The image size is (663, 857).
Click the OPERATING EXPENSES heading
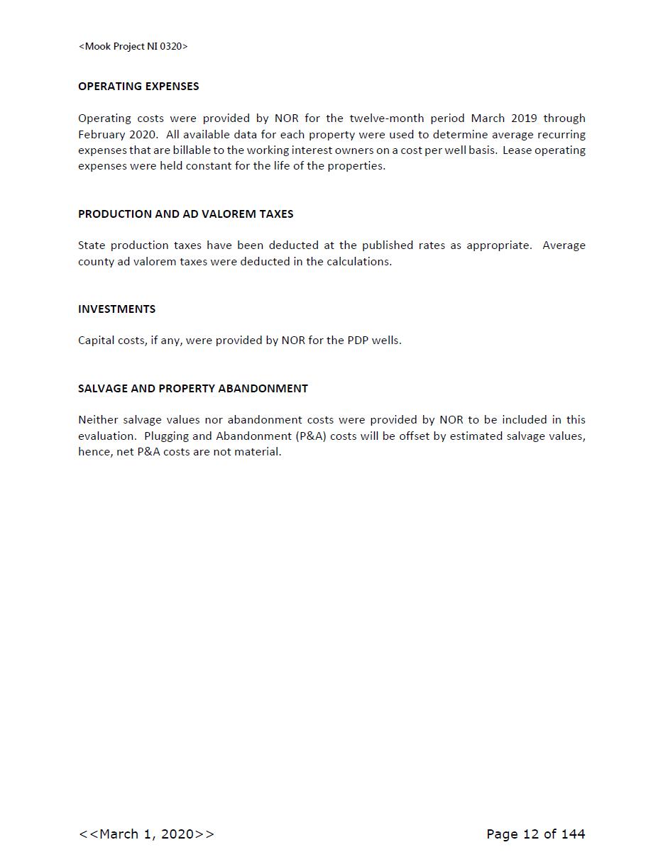[138, 87]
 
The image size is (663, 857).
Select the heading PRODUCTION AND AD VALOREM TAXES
[185, 214]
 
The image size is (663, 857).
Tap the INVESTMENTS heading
[116, 309]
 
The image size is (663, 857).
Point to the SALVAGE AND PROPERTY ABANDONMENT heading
[192, 389]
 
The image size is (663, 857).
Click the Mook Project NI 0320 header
[133, 47]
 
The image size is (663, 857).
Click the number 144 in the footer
[572, 834]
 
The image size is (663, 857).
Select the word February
[100, 135]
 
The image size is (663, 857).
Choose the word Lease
[516, 150]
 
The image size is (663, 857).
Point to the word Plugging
[165, 436]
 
